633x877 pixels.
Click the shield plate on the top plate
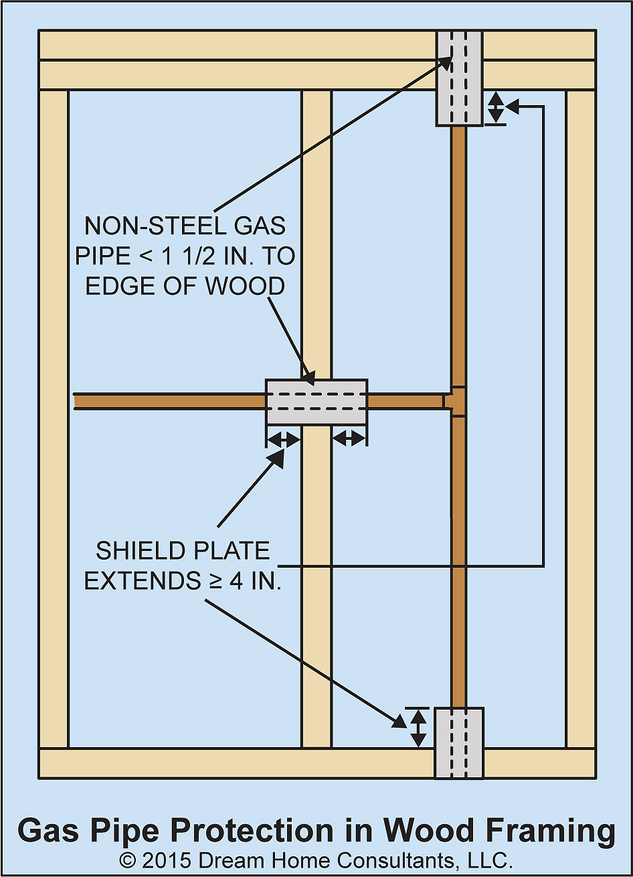click(459, 78)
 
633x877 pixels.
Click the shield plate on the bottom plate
click(459, 742)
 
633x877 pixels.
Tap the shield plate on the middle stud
click(316, 402)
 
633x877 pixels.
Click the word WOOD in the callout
click(245, 286)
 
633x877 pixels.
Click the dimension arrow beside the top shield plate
click(496, 107)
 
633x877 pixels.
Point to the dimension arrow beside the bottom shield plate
click(418, 728)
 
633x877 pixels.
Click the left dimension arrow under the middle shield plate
click(283, 438)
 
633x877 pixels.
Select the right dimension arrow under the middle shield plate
click(349, 438)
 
